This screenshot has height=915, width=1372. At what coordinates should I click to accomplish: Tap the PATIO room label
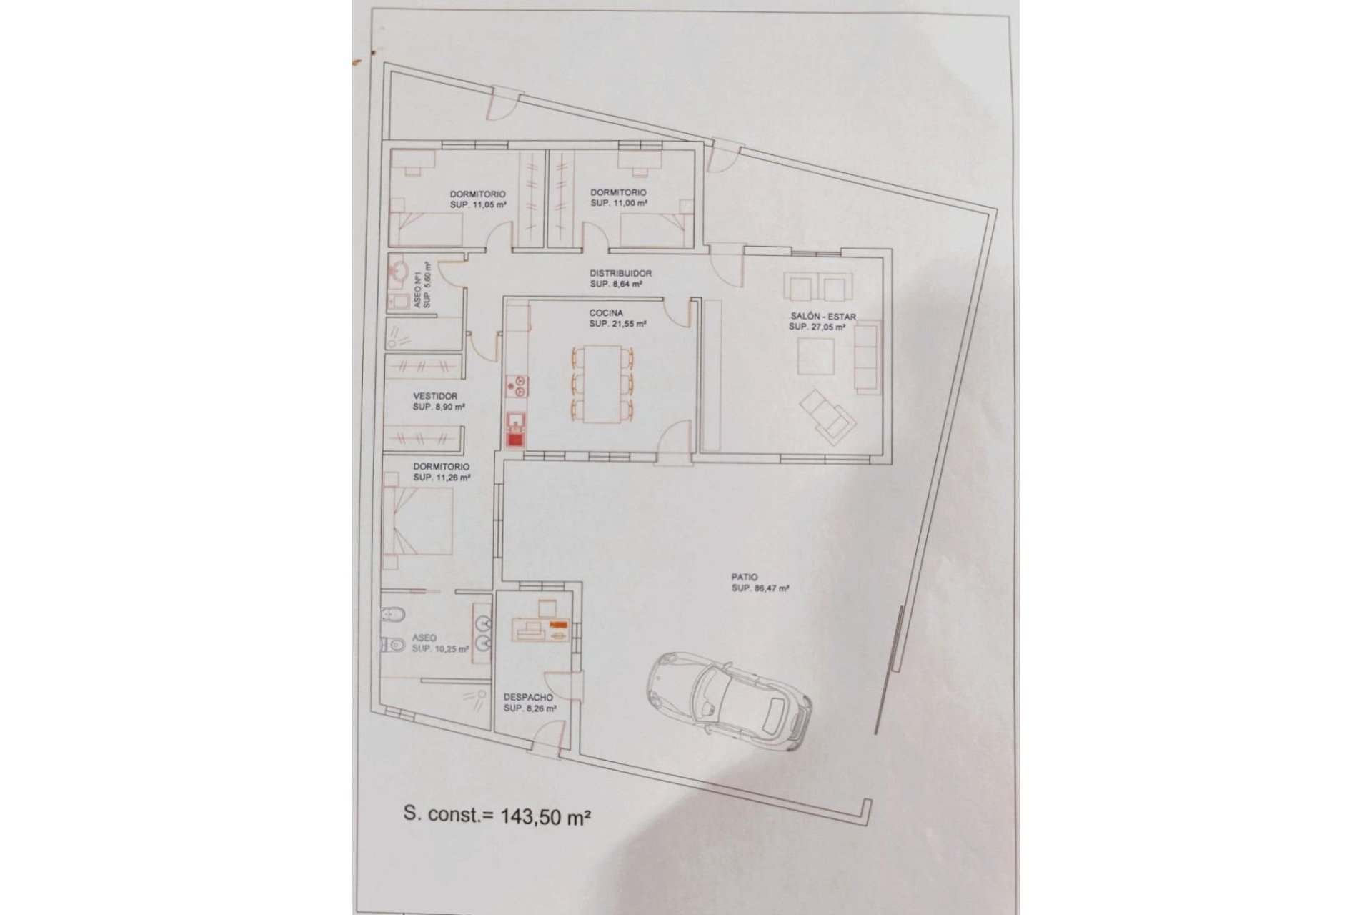click(744, 577)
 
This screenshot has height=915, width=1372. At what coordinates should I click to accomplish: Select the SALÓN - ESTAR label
click(822, 317)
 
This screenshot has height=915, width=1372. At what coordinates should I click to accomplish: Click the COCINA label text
click(606, 313)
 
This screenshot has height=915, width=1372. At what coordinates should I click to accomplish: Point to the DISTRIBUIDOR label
click(620, 273)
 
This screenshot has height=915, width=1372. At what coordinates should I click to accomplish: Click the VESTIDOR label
click(435, 396)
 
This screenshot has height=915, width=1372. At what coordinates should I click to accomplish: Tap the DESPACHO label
click(528, 697)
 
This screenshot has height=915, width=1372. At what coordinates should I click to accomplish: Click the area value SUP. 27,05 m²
click(817, 327)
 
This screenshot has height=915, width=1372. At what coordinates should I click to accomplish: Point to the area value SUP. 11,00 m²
click(619, 203)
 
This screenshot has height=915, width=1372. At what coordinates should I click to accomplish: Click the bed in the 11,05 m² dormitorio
click(427, 228)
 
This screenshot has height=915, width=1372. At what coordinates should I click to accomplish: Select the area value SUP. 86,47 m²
click(760, 589)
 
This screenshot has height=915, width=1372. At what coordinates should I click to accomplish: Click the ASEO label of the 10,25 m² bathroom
click(424, 638)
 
